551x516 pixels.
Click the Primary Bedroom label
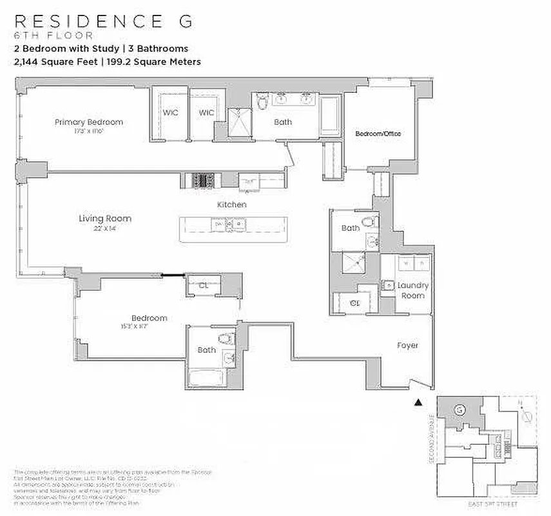pyautogui.click(x=88, y=122)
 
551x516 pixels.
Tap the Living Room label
pyautogui.click(x=105, y=219)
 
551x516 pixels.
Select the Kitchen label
pyautogui.click(x=231, y=204)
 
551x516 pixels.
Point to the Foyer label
pyautogui.click(x=407, y=346)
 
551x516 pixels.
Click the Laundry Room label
pyautogui.click(x=412, y=290)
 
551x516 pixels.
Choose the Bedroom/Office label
pyautogui.click(x=378, y=134)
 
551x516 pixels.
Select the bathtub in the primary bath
pyautogui.click(x=331, y=117)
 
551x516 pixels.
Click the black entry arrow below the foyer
pyautogui.click(x=418, y=402)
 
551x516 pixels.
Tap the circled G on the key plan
pyautogui.click(x=459, y=409)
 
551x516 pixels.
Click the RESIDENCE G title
pyautogui.click(x=102, y=21)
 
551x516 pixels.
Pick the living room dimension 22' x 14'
pyautogui.click(x=105, y=228)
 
